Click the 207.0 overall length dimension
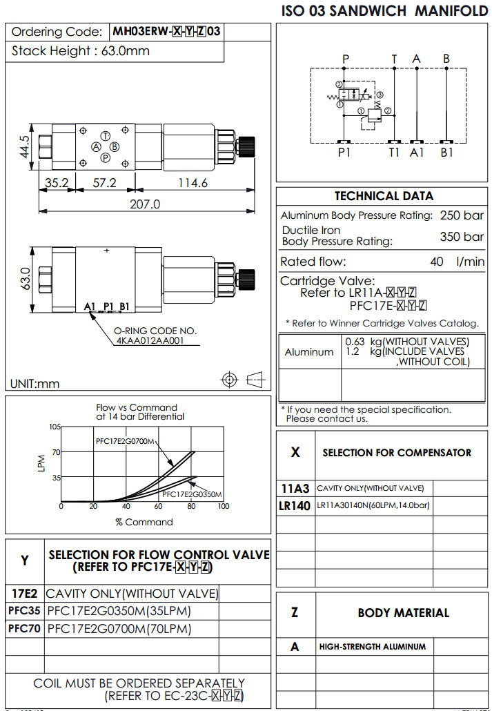(x=145, y=204)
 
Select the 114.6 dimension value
(x=193, y=183)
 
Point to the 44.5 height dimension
(x=25, y=147)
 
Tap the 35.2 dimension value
(x=56, y=183)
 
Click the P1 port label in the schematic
(x=344, y=153)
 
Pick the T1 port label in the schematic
(x=394, y=153)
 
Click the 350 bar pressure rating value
(x=462, y=237)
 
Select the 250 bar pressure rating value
(x=462, y=215)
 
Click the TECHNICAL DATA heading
(x=384, y=196)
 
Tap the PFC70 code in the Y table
(x=24, y=629)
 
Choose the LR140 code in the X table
(x=295, y=506)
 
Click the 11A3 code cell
(x=295, y=489)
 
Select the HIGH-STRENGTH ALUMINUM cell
(x=373, y=647)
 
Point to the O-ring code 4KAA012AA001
(x=149, y=340)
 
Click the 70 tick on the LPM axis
(x=56, y=452)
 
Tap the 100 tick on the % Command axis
(x=223, y=507)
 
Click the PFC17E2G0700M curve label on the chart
(x=125, y=441)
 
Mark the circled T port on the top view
(x=106, y=135)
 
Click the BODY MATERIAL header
(x=403, y=612)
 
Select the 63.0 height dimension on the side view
(x=25, y=280)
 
